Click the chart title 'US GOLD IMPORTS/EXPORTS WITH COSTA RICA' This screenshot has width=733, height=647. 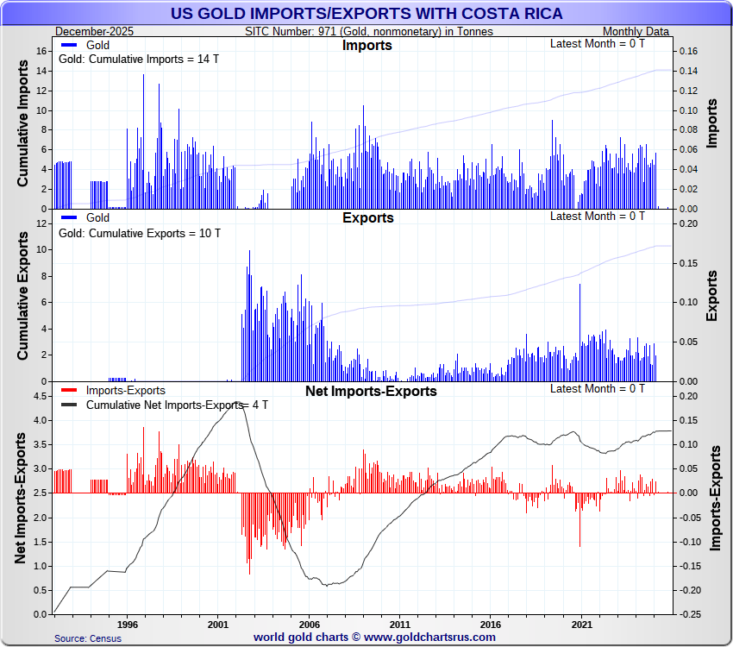coord(366,14)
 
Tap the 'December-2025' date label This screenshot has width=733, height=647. coord(89,31)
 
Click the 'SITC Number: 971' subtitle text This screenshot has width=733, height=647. coord(369,31)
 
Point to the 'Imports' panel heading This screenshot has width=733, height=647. coord(367,45)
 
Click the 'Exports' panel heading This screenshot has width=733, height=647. coord(367,217)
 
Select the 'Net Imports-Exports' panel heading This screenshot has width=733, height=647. coord(371,391)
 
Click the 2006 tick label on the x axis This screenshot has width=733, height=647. coord(309,623)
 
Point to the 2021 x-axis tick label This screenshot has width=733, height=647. coord(582,623)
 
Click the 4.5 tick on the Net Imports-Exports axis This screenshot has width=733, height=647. coord(40,396)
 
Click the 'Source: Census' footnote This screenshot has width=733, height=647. coord(87,638)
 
